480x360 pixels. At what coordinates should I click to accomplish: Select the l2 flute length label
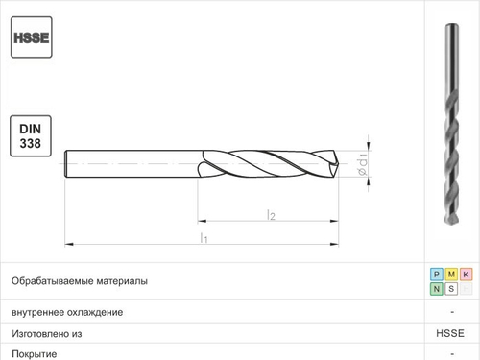coord(271,215)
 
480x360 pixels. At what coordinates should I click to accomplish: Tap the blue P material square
coord(437,275)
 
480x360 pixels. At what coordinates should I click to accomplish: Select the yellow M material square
coord(451,275)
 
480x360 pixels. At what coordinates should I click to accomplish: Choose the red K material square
coord(466,275)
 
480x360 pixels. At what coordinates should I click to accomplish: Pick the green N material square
coord(437,289)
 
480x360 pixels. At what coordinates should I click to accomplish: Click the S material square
coord(451,289)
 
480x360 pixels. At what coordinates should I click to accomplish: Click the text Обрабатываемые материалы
coord(79,281)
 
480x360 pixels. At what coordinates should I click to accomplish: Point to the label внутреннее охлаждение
coord(67,312)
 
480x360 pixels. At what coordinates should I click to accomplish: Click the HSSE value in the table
coord(450,333)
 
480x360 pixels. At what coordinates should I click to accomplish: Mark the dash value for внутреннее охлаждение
coord(450,312)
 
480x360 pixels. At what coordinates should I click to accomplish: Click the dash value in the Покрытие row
coord(450,353)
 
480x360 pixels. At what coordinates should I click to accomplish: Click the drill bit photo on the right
coord(451,130)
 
